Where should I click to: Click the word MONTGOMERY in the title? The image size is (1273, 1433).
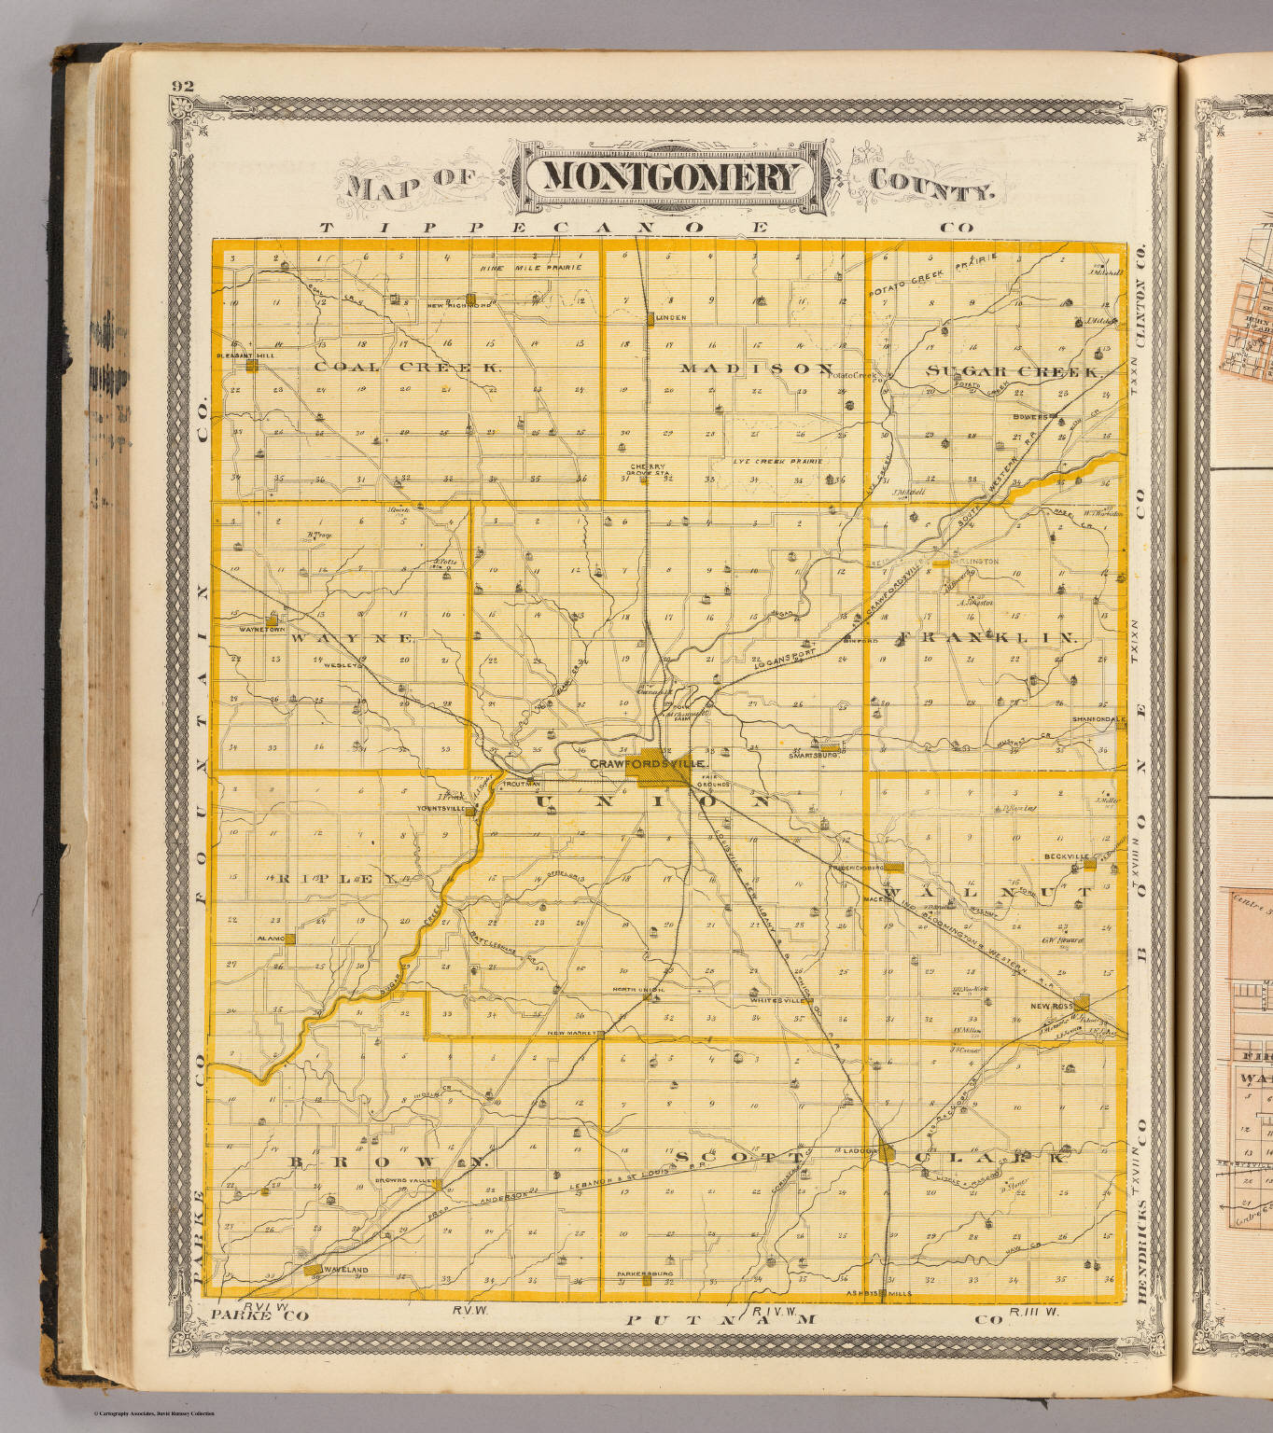pyautogui.click(x=671, y=177)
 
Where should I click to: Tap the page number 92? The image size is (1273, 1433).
pyautogui.click(x=183, y=87)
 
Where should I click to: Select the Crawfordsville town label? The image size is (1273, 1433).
pyautogui.click(x=647, y=763)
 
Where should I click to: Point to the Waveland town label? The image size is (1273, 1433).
pyautogui.click(x=344, y=1270)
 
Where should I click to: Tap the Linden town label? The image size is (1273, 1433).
pyautogui.click(x=671, y=318)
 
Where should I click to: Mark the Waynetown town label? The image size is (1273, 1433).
pyautogui.click(x=260, y=630)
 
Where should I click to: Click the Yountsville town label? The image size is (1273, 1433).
pyautogui.click(x=441, y=809)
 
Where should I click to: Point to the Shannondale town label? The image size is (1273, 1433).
pyautogui.click(x=1098, y=719)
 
